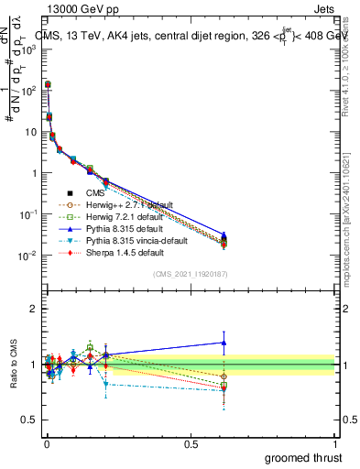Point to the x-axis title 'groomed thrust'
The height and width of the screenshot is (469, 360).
coord(303,456)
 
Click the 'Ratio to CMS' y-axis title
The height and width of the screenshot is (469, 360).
coord(13,364)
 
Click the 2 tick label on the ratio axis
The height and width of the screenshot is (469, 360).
coord(34,309)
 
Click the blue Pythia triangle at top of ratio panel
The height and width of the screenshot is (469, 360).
coord(224,343)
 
